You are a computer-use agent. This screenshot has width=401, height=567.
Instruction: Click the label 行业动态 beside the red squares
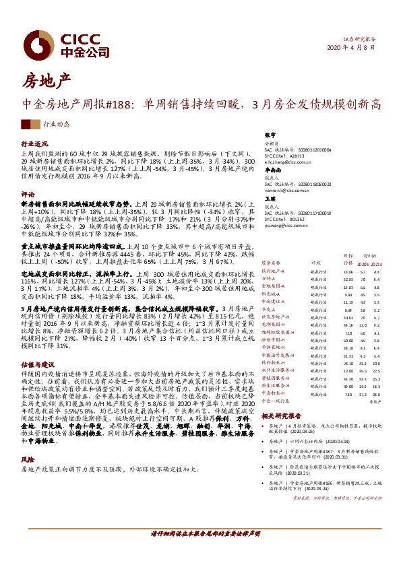click(x=57, y=125)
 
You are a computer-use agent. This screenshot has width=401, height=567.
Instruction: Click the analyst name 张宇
click(x=271, y=135)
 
